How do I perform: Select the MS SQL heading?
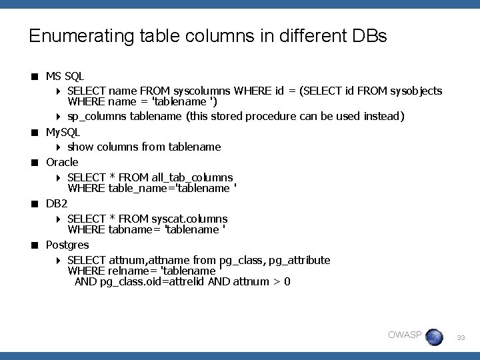(65, 77)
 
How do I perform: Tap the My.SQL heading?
(63, 133)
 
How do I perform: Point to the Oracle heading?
(62, 162)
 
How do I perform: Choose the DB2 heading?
(57, 203)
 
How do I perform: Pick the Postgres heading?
(67, 245)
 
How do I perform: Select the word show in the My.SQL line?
(81, 146)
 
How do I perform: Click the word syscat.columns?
(190, 219)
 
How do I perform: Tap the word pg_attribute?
(299, 260)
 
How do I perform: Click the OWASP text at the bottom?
(405, 334)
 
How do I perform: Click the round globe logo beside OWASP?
(434, 337)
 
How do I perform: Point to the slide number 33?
(461, 339)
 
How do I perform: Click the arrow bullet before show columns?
(59, 147)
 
